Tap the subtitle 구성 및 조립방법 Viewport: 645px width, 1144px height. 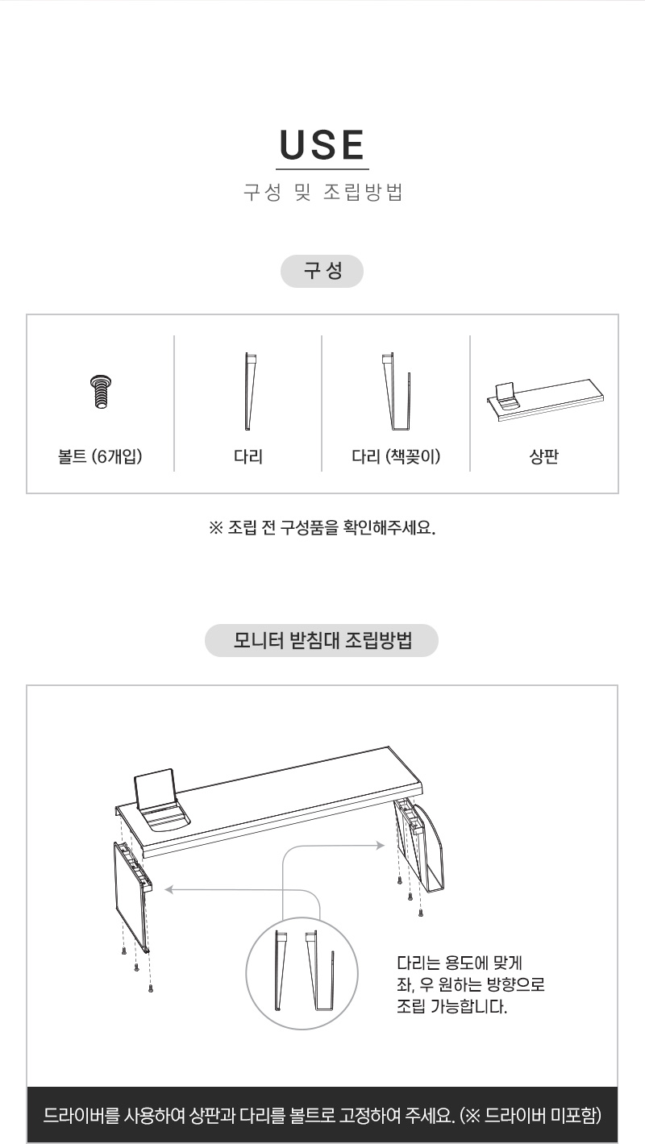(x=322, y=193)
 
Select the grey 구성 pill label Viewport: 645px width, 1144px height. (x=322, y=271)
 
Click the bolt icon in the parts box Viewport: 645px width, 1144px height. (x=101, y=392)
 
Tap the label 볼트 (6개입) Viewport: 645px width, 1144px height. (x=100, y=456)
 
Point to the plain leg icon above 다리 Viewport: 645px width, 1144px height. (x=250, y=391)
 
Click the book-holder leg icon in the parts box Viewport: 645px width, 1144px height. (x=397, y=391)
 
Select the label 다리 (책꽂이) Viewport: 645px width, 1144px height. (x=396, y=456)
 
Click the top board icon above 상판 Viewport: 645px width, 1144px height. (x=545, y=400)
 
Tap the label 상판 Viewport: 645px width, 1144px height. (x=544, y=456)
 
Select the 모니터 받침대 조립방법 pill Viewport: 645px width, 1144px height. (x=322, y=640)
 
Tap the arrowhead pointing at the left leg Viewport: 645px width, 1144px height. (x=169, y=890)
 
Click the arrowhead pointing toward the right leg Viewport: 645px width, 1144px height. (x=381, y=846)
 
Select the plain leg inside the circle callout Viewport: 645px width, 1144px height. (x=281, y=971)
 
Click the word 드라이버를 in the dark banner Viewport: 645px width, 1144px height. (x=81, y=1116)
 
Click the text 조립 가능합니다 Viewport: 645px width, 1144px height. (x=452, y=1007)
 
